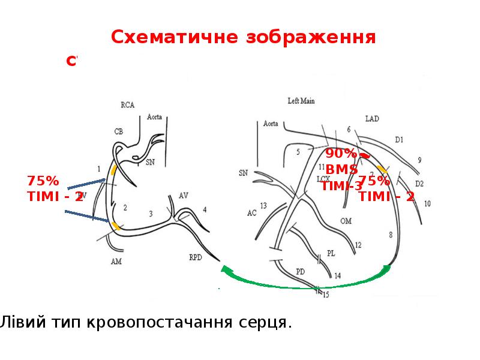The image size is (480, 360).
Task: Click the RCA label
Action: [x=127, y=105]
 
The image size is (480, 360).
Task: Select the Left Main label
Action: [x=301, y=101]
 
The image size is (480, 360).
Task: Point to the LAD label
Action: [x=372, y=119]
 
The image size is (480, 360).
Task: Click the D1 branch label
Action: [x=400, y=139]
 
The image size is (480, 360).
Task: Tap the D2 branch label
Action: [x=419, y=184]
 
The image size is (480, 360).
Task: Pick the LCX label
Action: [x=323, y=179]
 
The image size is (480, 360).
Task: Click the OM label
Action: [x=346, y=221]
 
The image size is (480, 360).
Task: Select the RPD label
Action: [x=196, y=257]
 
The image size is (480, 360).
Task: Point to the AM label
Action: [x=116, y=262]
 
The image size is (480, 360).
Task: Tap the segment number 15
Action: [x=326, y=295]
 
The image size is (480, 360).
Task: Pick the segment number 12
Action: [x=358, y=245]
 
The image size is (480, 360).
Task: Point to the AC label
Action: [x=251, y=212]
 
